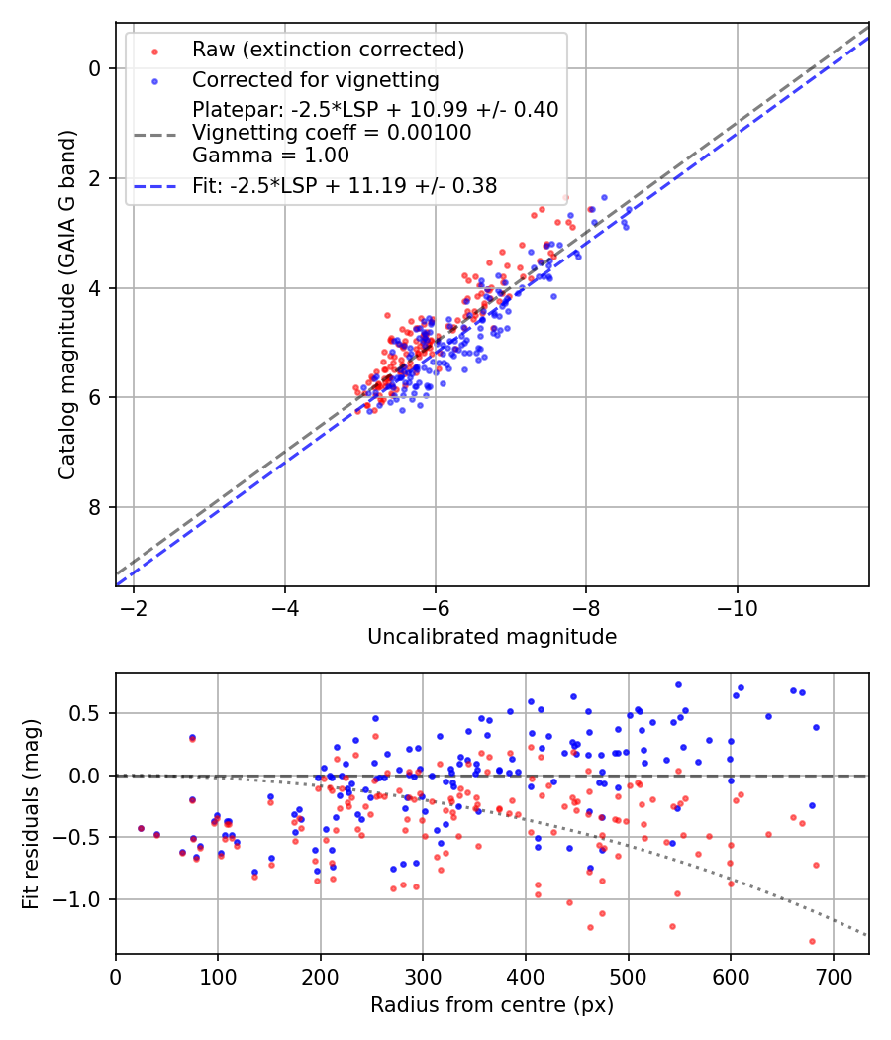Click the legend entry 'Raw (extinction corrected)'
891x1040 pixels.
pyautogui.click(x=328, y=50)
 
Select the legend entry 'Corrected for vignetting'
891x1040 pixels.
pyautogui.click(x=316, y=79)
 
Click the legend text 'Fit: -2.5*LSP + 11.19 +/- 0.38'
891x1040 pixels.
pyautogui.click(x=345, y=185)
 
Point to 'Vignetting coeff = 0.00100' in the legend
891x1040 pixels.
pyautogui.click(x=332, y=132)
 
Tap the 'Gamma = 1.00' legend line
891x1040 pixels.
pyautogui.click(x=271, y=155)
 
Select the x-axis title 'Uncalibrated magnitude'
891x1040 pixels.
pyautogui.click(x=492, y=637)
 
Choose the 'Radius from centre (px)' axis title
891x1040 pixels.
pyautogui.click(x=492, y=1005)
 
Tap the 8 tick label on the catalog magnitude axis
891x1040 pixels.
pyautogui.click(x=96, y=508)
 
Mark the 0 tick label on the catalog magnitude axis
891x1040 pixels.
pyautogui.click(x=96, y=68)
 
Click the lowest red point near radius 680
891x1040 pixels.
pyautogui.click(x=812, y=941)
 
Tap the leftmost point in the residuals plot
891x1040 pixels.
pyautogui.click(x=141, y=828)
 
